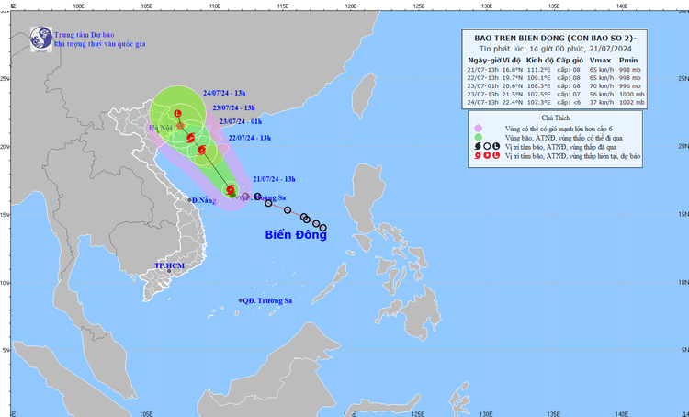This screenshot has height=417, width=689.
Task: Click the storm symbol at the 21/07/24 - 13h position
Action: point(231,191)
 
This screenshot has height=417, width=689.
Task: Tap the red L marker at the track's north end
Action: point(177,114)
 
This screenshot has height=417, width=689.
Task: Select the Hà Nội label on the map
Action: point(164,129)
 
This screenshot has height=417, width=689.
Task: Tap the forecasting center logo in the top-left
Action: point(40,38)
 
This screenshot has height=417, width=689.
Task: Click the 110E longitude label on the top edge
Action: point(213,4)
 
